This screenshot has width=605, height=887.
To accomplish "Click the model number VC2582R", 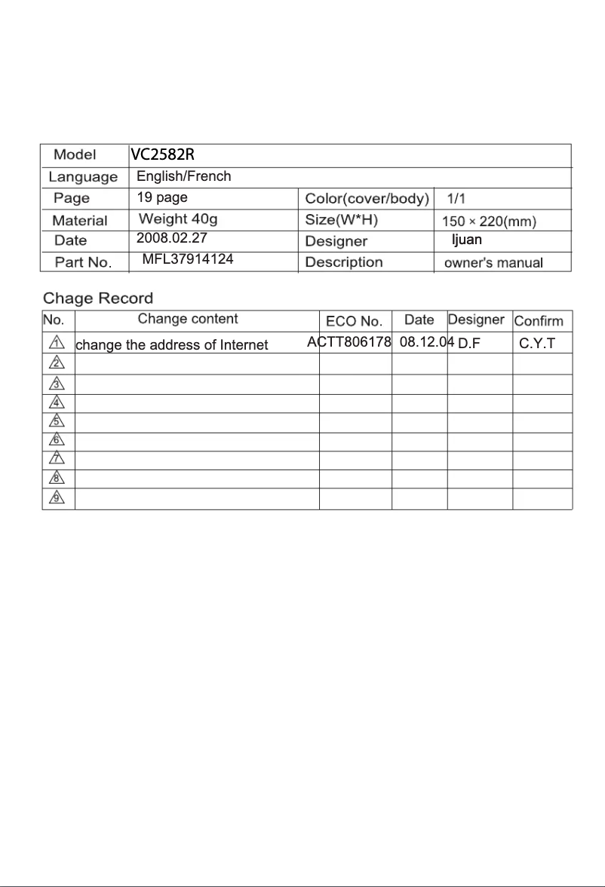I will (x=163, y=155).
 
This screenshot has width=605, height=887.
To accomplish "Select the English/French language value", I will (x=183, y=177).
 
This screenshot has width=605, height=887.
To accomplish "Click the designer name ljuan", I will (x=466, y=240).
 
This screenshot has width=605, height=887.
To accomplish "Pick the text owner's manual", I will (x=493, y=263).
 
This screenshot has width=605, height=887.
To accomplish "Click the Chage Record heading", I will (x=98, y=298).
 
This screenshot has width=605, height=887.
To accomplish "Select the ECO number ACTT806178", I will (x=349, y=342).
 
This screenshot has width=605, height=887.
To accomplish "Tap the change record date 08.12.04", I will (x=427, y=342).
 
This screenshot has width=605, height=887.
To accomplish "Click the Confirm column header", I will (x=539, y=321).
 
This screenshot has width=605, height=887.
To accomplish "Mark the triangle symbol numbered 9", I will (x=57, y=498).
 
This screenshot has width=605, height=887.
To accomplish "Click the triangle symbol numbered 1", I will (x=57, y=343).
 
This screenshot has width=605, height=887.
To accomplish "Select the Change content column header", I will (x=188, y=320).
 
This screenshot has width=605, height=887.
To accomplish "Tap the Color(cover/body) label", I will (x=367, y=199).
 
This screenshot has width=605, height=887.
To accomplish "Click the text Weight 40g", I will (x=178, y=219).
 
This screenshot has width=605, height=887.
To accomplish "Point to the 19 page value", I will (x=162, y=198).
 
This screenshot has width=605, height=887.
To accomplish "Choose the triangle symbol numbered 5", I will (x=57, y=421).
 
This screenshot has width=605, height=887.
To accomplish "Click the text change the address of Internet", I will (x=172, y=345).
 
